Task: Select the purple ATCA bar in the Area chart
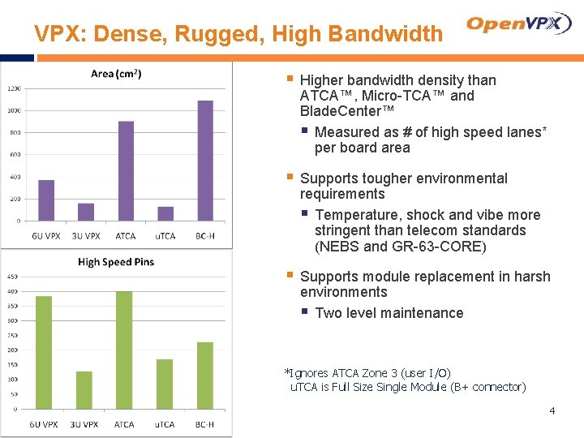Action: [x=126, y=170]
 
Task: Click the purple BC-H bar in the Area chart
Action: [x=205, y=161]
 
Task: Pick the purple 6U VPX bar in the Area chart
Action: [x=46, y=200]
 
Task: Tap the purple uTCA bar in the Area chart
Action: [x=165, y=213]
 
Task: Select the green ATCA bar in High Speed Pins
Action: [x=124, y=350]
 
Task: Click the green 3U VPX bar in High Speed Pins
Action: [x=84, y=390]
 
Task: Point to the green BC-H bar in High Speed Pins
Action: [x=204, y=376]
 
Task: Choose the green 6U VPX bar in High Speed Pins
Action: [x=44, y=352]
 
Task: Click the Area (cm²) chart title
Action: [x=116, y=74]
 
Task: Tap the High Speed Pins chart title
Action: [x=116, y=262]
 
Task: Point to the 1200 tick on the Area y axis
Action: [x=15, y=88]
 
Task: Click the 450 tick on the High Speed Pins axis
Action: [x=12, y=277]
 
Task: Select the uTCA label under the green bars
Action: [x=165, y=424]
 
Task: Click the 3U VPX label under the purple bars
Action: [x=86, y=236]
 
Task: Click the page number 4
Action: [x=552, y=411]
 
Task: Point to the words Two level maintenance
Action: [x=389, y=313]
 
